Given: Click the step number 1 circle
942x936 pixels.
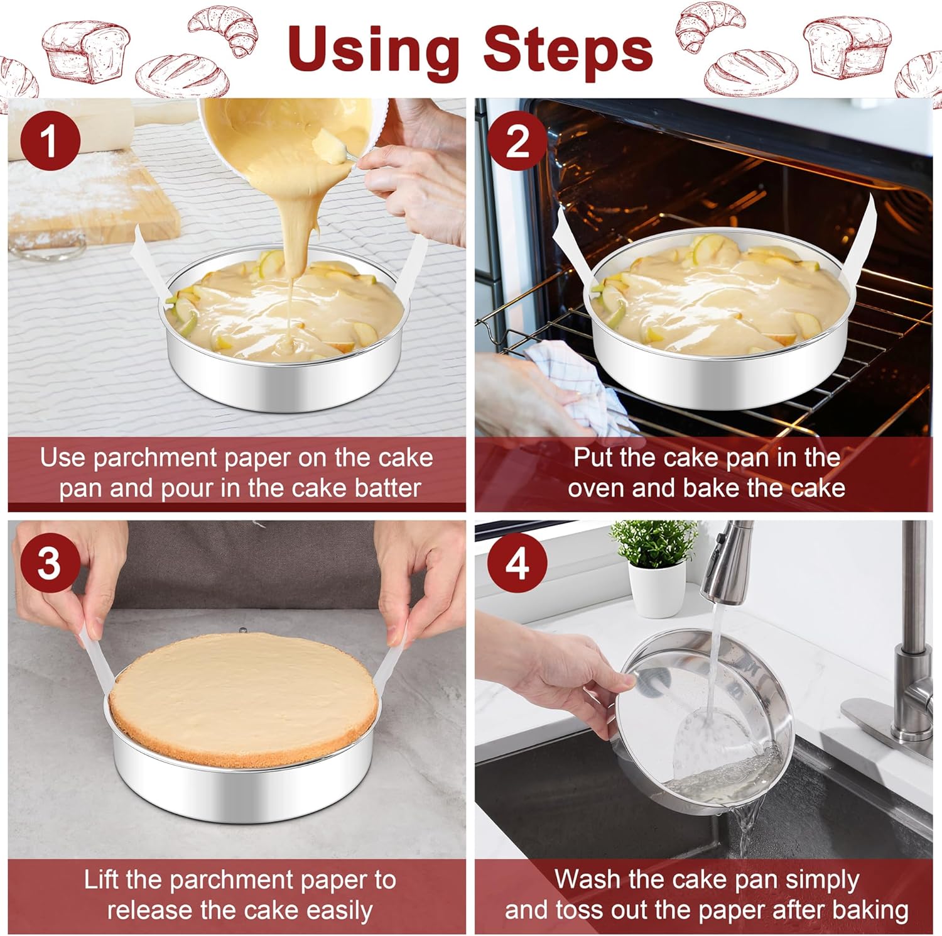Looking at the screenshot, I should point(50,140).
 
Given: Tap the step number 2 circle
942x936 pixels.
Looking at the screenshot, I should point(517,140).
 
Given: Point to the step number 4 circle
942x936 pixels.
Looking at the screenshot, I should point(517,563).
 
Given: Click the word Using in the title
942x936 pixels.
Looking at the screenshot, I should point(374,50).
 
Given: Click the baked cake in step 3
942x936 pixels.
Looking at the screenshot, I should point(244,698).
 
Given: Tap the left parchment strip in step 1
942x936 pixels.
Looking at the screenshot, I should point(148,264).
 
